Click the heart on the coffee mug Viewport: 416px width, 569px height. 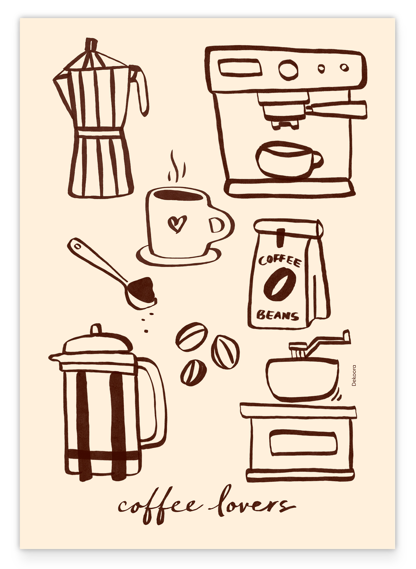coord(177,224)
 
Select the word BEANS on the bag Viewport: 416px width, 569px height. coord(278,315)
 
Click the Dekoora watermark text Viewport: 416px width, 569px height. coord(354,376)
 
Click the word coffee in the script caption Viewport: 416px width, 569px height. coord(161,507)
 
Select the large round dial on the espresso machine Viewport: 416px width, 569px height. coord(288,70)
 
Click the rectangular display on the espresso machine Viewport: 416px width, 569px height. coord(240,67)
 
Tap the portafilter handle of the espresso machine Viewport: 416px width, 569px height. coord(336,110)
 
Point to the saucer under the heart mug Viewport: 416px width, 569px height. coord(179,256)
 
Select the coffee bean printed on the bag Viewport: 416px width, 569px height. coord(280,284)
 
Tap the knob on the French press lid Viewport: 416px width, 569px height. coord(96,329)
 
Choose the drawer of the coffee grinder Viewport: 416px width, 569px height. coord(303,443)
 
